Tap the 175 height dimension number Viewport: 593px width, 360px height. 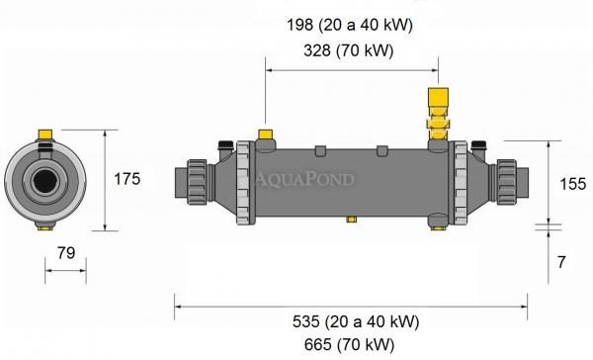[126, 179]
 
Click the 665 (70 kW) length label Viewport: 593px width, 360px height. [350, 345]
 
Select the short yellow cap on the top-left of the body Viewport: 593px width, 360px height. [265, 135]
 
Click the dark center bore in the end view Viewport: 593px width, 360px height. [43, 181]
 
